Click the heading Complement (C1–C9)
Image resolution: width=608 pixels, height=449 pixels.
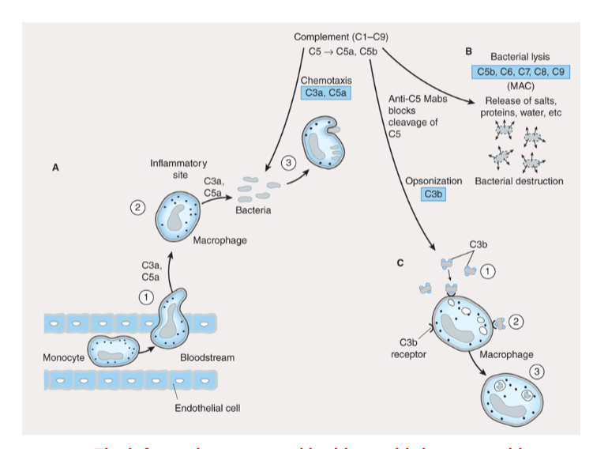[340, 37]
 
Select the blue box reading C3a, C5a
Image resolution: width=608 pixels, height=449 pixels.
[326, 93]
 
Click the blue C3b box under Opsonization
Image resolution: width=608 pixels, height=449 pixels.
[433, 194]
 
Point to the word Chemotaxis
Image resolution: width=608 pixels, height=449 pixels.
[326, 80]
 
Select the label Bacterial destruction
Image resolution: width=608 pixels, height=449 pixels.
[519, 181]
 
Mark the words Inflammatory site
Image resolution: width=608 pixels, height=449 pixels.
[178, 168]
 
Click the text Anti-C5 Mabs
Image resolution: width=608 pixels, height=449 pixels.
[418, 100]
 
